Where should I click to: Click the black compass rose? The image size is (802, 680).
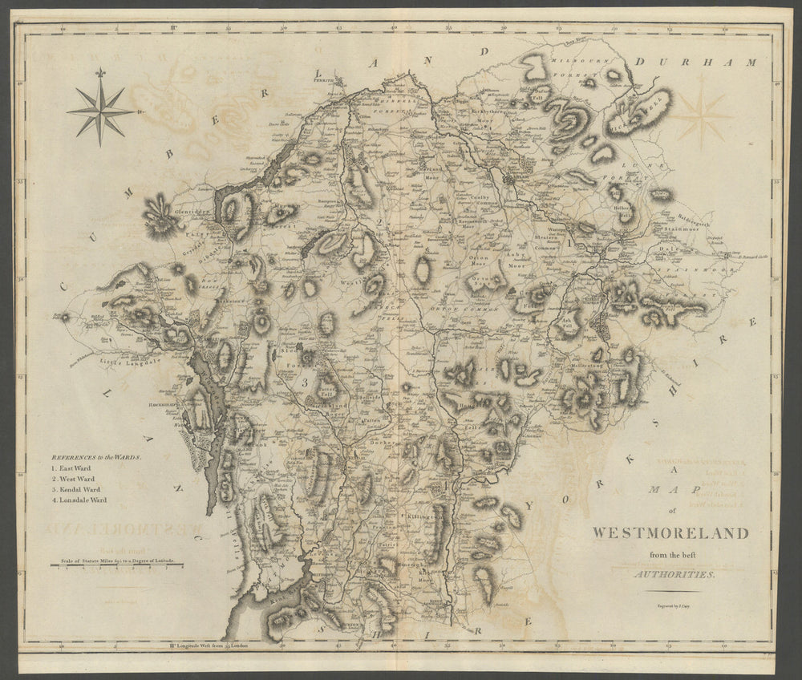coord(100,110)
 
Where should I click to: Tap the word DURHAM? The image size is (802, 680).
coord(695,62)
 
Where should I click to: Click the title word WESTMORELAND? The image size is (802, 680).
coord(670,533)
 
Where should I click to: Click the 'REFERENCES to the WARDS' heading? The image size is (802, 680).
coord(95,455)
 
